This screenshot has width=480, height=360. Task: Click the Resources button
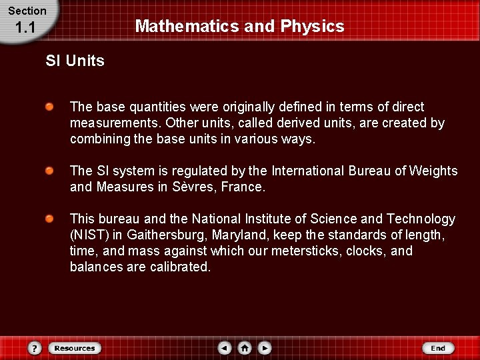(74, 348)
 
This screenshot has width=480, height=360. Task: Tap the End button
(437, 348)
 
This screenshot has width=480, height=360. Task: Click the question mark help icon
(35, 348)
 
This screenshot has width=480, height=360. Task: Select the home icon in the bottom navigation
(245, 348)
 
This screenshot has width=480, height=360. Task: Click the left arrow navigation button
(225, 348)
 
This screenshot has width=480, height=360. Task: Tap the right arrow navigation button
(265, 348)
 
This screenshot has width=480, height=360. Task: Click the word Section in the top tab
(27, 11)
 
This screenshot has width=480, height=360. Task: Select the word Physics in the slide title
(313, 27)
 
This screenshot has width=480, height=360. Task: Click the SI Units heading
(75, 61)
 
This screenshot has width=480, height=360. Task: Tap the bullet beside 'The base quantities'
(50, 107)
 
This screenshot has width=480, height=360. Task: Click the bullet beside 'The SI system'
(50, 171)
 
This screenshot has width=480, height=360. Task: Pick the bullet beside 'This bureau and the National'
(50, 219)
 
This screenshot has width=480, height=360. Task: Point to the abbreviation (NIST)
(88, 235)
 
